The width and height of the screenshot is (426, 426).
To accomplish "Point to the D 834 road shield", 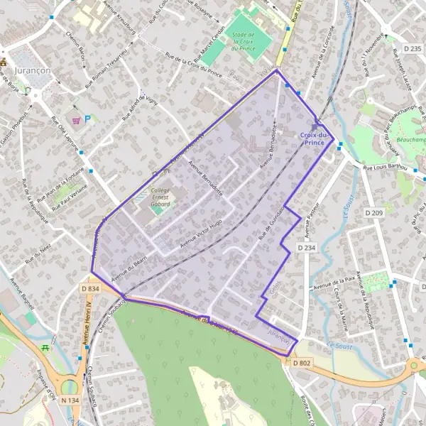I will coord(90,289).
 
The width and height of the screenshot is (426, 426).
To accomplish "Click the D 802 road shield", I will coord(301,363).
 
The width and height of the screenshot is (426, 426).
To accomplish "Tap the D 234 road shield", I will coord(306,248).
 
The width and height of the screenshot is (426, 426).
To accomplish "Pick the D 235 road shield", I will coord(413,48).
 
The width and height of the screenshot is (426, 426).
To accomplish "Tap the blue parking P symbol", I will coord(87,119).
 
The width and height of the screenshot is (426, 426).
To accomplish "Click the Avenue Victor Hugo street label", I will coord(202,235).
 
